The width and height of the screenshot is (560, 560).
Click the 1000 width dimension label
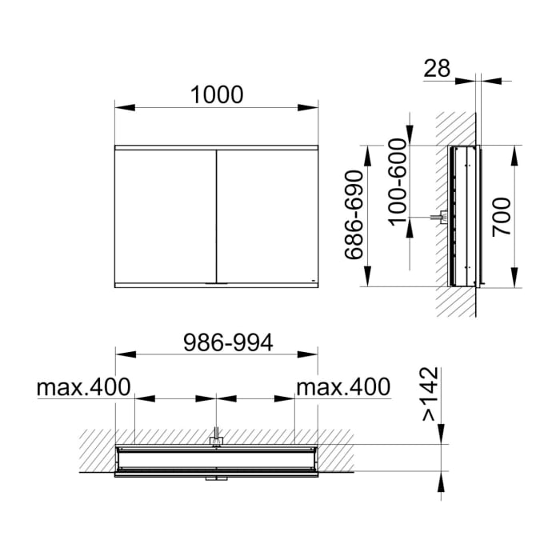[216, 94]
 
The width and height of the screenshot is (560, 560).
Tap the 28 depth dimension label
[438, 69]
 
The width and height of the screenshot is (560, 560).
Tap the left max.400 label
[83, 388]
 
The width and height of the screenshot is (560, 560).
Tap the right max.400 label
[343, 388]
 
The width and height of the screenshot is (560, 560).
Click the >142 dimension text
[430, 394]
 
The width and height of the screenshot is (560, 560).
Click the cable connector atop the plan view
[216, 438]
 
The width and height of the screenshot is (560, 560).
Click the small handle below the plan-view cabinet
[216, 478]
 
